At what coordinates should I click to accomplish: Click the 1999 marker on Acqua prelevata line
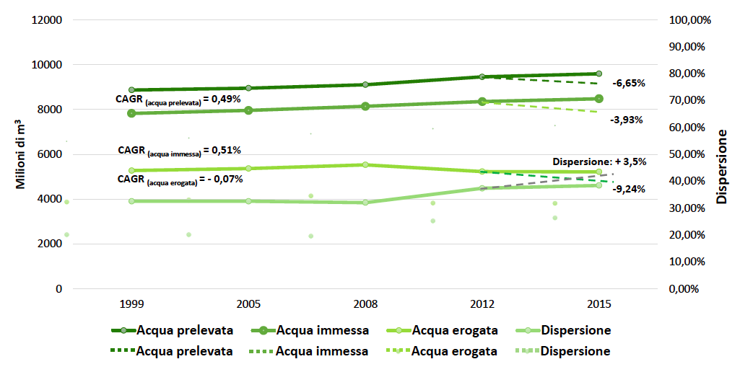pyautogui.click(x=131, y=90)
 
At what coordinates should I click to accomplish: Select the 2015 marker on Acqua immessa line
pyautogui.click(x=599, y=99)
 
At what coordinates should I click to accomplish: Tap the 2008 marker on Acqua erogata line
pyautogui.click(x=365, y=164)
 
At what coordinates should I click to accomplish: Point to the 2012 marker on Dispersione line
pyautogui.click(x=482, y=188)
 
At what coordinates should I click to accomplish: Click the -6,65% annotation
pyautogui.click(x=629, y=83)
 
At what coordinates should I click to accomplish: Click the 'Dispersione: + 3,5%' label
pyautogui.click(x=599, y=161)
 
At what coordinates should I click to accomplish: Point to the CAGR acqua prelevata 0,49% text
pyautogui.click(x=178, y=99)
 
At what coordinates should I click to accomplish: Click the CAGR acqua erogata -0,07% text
pyautogui.click(x=179, y=180)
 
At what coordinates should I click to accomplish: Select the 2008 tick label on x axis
pyautogui.click(x=365, y=304)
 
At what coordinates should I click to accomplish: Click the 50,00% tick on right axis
pyautogui.click(x=691, y=154)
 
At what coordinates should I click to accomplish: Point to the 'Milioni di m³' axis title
pyautogui.click(x=22, y=154)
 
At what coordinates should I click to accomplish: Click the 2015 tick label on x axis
pyautogui.click(x=599, y=304)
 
